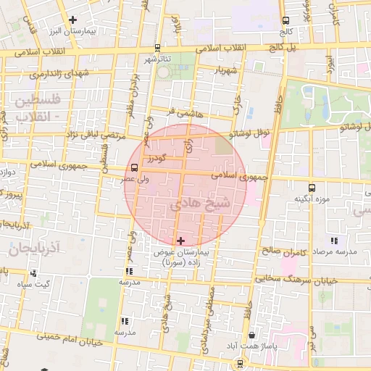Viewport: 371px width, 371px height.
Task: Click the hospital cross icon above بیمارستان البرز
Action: coord(72,20)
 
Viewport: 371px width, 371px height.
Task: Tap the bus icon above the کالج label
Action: coord(286,20)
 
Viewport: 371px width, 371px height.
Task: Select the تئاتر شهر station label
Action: coord(157,58)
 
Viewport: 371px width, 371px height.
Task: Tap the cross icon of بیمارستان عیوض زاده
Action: coord(180,240)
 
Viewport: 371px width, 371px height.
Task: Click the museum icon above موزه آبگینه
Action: coord(312,187)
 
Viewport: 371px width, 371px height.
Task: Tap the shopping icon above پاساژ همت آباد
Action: coord(251,335)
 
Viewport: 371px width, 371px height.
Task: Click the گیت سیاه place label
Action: coord(34,284)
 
